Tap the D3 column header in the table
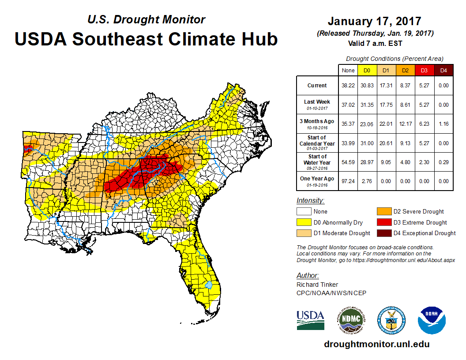(x=424, y=70)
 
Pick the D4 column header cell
(x=443, y=70)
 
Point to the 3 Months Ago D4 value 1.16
(x=443, y=124)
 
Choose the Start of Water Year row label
(x=317, y=159)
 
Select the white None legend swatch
(x=304, y=211)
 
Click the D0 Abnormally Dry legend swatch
(x=304, y=222)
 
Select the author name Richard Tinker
(x=317, y=285)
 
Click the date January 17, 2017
(x=375, y=21)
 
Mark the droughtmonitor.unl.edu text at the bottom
(x=376, y=344)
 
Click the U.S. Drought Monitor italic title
(x=146, y=19)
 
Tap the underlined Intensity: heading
(x=311, y=200)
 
